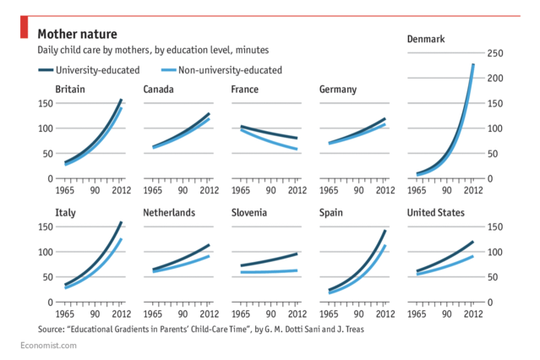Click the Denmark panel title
pyautogui.click(x=426, y=39)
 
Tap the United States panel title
pyautogui.click(x=435, y=212)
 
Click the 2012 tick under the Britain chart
pyautogui.click(x=121, y=191)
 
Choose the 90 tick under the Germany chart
pyautogui.click(x=356, y=191)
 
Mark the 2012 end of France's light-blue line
pyautogui.click(x=297, y=150)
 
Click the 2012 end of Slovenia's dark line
pyautogui.click(x=297, y=254)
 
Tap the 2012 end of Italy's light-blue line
pyautogui.click(x=121, y=239)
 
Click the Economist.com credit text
pyautogui.click(x=48, y=346)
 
